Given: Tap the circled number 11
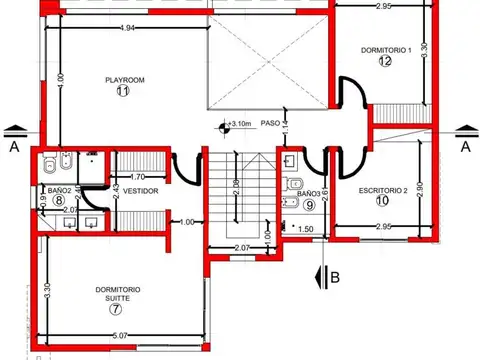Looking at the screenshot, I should (x=123, y=91).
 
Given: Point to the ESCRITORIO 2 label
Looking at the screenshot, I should (x=383, y=189).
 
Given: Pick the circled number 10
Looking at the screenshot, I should (x=382, y=200).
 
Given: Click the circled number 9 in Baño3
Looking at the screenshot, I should (x=309, y=206).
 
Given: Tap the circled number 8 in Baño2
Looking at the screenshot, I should (x=60, y=200).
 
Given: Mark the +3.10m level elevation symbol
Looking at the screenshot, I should (x=236, y=125).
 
